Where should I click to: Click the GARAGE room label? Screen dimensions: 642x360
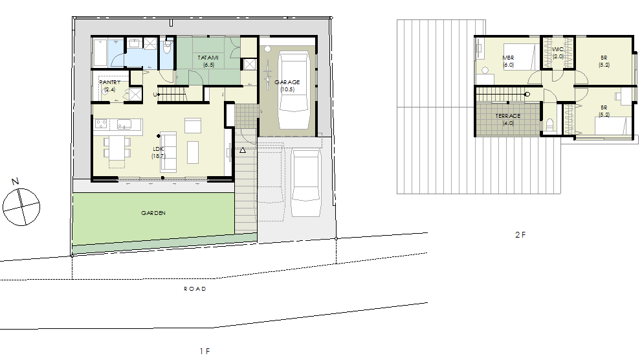(x=287, y=82)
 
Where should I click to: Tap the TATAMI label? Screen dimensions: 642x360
(x=208, y=58)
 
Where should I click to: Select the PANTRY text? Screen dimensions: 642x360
(x=110, y=82)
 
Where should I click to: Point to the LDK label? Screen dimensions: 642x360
(x=159, y=149)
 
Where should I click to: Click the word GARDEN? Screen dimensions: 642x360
(x=153, y=213)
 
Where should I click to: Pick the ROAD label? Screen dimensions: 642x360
(x=195, y=289)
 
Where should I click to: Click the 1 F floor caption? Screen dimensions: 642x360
(x=205, y=351)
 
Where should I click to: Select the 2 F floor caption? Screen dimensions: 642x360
(x=520, y=234)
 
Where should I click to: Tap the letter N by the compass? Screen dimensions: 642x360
(x=15, y=181)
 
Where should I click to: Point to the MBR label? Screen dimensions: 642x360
(x=508, y=58)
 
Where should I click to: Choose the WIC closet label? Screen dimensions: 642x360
(x=558, y=49)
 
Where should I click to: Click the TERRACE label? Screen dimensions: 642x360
(x=507, y=116)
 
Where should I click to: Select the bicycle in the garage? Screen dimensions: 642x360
(x=268, y=74)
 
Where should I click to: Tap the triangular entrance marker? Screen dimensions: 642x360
(x=243, y=150)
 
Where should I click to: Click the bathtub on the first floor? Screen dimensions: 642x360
(x=100, y=53)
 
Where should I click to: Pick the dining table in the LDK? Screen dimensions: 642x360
(x=116, y=148)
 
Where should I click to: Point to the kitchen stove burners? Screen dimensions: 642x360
(x=101, y=123)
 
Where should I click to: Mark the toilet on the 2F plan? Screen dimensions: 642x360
(x=550, y=124)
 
